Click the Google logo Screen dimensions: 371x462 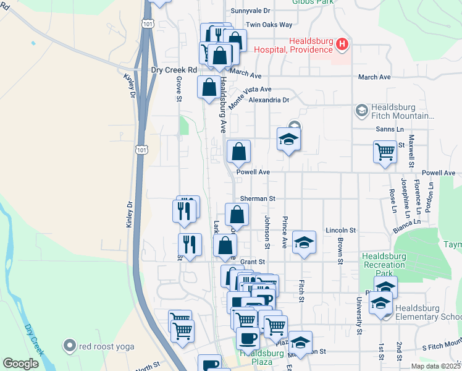coord(21,364)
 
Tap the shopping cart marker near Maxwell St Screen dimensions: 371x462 coord(385,151)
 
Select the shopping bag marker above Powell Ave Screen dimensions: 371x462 coord(239,151)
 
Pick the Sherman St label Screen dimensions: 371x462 coord(258,198)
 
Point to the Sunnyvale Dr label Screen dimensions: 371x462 coord(251,11)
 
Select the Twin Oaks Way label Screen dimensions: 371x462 coord(269,25)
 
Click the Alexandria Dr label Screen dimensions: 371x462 coord(269,100)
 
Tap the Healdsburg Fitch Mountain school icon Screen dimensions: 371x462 coord(362,111)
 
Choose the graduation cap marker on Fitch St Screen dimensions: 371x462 coord(304,242)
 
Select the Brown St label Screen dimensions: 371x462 coord(340,249)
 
